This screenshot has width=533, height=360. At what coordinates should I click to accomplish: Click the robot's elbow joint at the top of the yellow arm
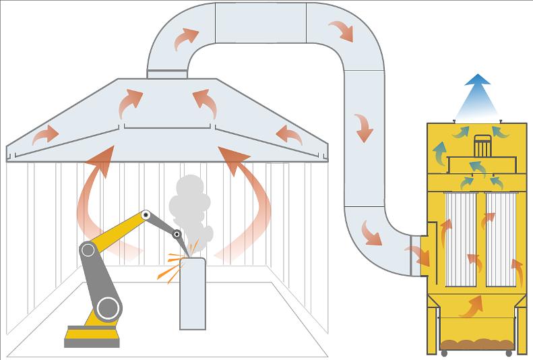click(x=144, y=216)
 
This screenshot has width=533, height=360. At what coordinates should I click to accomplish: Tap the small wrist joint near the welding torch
click(x=177, y=235)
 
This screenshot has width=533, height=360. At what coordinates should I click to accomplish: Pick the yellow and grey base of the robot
click(x=92, y=334)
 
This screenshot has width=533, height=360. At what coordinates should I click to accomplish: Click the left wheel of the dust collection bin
click(x=445, y=353)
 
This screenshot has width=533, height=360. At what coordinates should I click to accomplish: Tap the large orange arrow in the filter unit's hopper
click(x=472, y=307)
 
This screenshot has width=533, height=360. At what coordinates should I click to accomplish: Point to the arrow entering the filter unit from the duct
click(x=418, y=255)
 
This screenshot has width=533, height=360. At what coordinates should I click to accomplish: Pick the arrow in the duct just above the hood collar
click(x=185, y=38)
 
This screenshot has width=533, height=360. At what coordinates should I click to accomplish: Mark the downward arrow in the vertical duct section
click(x=364, y=127)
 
